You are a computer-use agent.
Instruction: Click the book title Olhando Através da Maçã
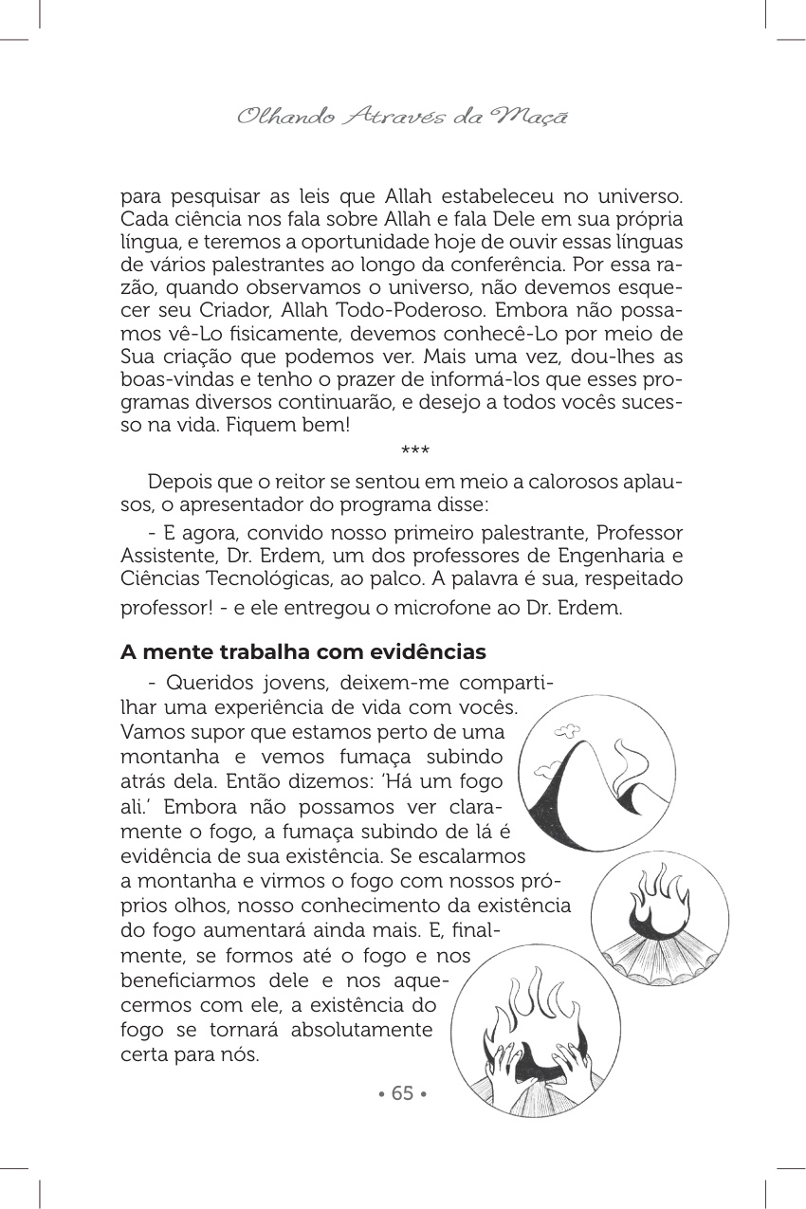click(402, 118)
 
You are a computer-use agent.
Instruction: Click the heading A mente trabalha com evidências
click(303, 653)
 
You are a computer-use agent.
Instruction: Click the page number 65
click(402, 1093)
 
